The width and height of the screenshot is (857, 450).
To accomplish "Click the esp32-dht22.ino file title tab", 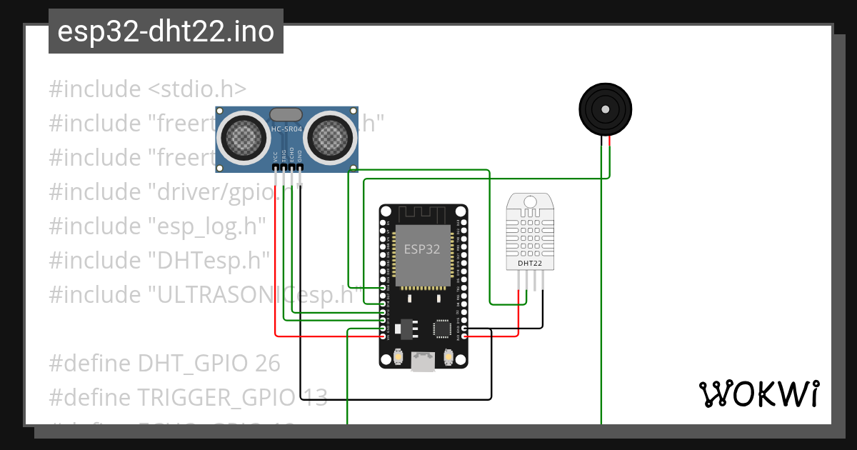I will coord(166,32).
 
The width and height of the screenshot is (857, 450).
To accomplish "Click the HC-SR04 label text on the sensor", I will coord(286,129).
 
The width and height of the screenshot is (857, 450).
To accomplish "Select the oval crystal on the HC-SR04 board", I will coord(286,114).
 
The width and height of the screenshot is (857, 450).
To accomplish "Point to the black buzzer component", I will coord(605,109).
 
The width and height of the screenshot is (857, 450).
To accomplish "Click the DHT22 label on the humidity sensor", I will coord(529,264).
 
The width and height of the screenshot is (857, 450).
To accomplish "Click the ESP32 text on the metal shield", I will coord(422,249).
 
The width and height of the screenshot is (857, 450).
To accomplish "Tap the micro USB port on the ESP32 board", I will coord(424,362).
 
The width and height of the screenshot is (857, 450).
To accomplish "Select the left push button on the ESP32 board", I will coord(399,355).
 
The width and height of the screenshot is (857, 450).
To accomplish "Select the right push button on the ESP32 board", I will coord(448,355).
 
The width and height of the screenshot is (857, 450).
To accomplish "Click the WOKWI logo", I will coord(758,394).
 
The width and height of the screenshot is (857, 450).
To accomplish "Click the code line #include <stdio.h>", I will coord(148,89).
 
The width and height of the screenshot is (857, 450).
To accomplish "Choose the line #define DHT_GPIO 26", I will coord(164,363).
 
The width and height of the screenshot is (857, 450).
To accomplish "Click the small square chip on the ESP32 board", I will coord(441,328).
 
